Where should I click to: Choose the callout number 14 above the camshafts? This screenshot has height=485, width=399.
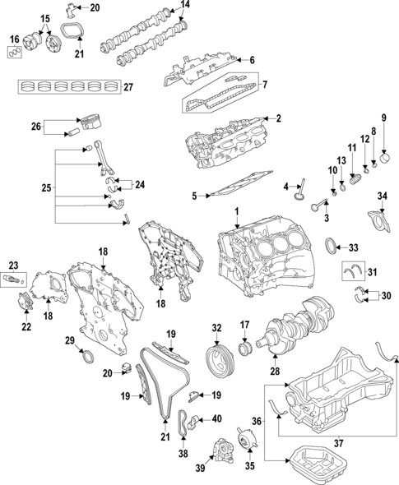[185, 6]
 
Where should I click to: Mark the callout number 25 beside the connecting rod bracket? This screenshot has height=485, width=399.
[45, 188]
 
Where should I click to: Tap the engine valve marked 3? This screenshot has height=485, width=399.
[319, 205]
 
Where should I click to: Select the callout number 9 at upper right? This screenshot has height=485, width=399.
[383, 117]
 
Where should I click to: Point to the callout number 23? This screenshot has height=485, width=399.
[12, 264]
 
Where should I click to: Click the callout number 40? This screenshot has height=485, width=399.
[217, 419]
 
